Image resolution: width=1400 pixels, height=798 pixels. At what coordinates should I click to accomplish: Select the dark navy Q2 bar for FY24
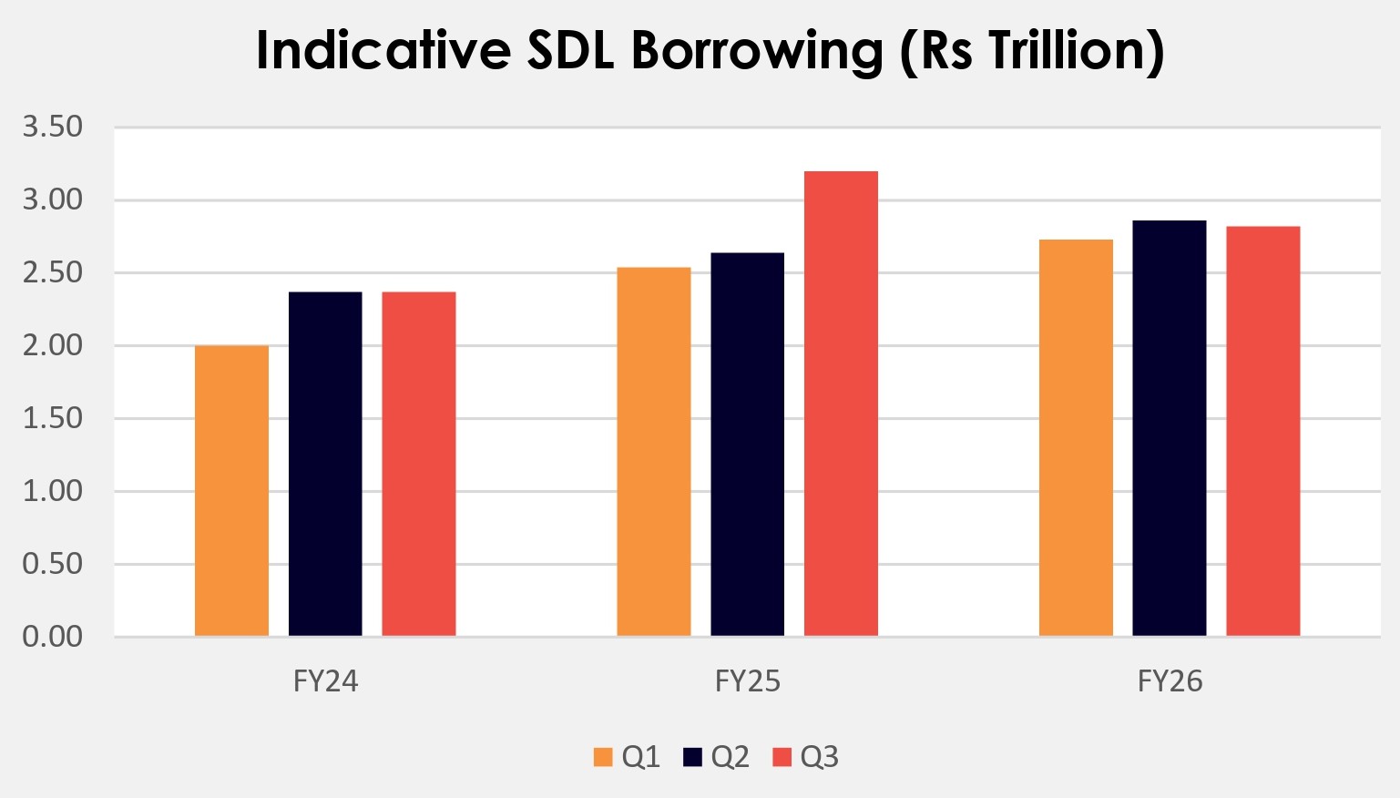325,464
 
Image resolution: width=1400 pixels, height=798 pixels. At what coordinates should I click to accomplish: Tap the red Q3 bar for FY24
419,464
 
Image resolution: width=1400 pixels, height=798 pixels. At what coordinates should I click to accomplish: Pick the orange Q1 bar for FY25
654,452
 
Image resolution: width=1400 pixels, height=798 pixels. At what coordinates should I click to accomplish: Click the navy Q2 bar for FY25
747,445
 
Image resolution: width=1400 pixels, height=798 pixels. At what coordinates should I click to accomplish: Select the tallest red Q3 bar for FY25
841,404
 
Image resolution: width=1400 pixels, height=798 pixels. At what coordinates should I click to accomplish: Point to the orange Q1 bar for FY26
1076,437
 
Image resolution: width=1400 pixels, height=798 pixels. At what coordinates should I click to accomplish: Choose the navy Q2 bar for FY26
1170,428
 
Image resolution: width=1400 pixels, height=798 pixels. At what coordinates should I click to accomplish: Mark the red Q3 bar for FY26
1262,431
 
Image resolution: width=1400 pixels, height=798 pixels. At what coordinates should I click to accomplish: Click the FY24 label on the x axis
325,681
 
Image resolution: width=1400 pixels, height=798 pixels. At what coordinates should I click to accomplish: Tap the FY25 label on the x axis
747,681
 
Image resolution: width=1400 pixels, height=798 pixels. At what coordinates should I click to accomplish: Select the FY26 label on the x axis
1170,681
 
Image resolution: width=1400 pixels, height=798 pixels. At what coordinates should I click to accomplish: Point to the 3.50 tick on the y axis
53,127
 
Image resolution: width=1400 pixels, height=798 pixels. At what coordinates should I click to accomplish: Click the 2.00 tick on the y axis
53,345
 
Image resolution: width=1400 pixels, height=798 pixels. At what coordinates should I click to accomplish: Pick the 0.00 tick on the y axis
53,636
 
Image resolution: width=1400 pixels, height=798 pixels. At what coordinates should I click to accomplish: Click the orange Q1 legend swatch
602,757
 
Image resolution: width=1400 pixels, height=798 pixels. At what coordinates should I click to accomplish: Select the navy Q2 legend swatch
692,757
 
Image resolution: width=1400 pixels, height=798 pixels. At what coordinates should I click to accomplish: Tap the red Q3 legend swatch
782,757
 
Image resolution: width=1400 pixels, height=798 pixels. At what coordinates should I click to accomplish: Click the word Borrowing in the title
756,51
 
